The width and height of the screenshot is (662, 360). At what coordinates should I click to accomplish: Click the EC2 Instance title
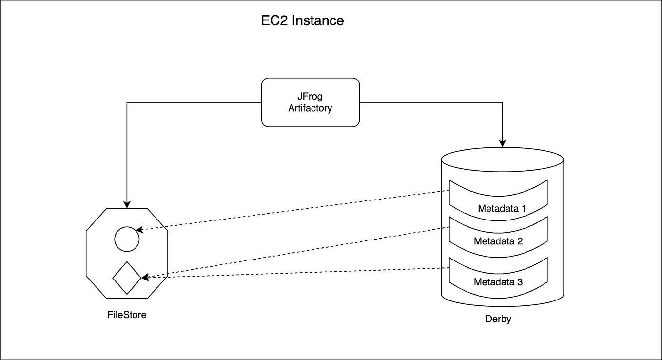302,21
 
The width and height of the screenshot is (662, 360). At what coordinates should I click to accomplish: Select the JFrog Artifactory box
311,102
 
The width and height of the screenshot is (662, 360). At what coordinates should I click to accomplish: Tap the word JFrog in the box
310,97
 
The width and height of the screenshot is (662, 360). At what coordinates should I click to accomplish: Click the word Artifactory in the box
310,108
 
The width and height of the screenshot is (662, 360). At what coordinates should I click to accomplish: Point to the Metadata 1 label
502,209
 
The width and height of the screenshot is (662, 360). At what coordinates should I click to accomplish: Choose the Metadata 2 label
498,241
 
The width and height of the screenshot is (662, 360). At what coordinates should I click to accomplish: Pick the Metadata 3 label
498,282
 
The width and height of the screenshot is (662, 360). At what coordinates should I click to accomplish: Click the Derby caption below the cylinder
498,320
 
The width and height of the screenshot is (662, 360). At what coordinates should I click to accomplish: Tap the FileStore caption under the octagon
127,315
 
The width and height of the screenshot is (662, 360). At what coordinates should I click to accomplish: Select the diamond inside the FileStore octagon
127,278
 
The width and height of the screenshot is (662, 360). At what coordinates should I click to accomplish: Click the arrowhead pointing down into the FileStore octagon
127,204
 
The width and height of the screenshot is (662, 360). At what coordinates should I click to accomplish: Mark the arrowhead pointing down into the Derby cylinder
502,143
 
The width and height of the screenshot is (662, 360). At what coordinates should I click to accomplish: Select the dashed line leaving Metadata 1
292,210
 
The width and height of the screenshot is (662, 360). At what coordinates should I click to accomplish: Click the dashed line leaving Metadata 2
292,253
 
